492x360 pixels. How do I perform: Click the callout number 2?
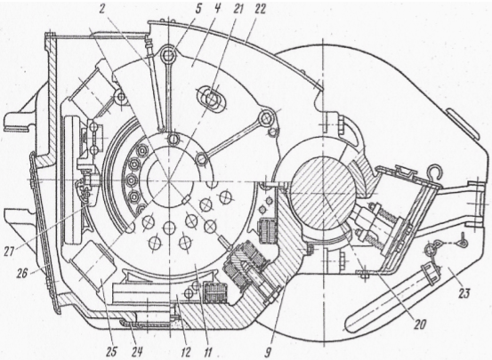pyautogui.click(x=101, y=9)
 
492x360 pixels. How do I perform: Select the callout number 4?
pyautogui.click(x=217, y=9)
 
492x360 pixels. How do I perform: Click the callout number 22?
pyautogui.click(x=258, y=9)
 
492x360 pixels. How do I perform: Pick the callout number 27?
pyautogui.click(x=10, y=251)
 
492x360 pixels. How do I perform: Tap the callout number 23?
pyautogui.click(x=464, y=293)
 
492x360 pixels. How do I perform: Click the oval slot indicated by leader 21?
pyautogui.click(x=212, y=100)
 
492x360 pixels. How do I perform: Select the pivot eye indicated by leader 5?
pyautogui.click(x=169, y=55)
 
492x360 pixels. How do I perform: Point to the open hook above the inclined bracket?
pyautogui.click(x=433, y=171)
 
